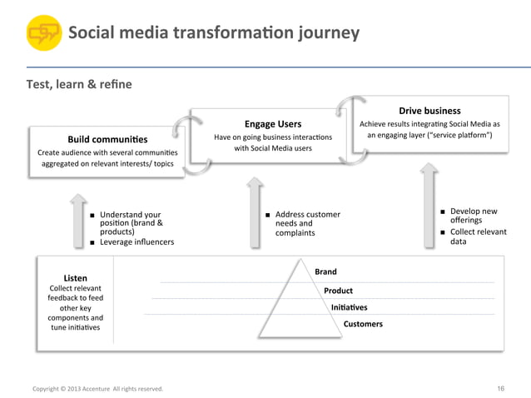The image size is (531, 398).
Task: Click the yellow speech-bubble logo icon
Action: tap(43, 34)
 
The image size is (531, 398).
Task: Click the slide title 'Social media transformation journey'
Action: tap(213, 33)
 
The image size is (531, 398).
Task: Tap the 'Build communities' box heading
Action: tap(107, 139)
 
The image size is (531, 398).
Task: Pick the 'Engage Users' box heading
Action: tap(272, 124)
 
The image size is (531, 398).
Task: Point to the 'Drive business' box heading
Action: tap(429, 111)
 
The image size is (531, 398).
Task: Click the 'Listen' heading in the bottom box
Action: tap(75, 277)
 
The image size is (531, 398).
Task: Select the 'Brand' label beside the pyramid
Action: tap(325, 271)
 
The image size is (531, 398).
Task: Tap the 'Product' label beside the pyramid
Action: tap(338, 291)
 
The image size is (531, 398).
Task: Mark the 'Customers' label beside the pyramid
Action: tap(363, 324)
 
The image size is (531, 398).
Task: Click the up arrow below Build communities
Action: tap(77, 221)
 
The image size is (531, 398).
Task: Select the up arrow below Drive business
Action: tap(427, 204)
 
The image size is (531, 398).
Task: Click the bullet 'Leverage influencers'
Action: tap(137, 242)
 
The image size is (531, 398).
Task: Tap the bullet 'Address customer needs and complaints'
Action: tap(307, 224)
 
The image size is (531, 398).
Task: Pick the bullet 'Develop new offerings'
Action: tap(473, 216)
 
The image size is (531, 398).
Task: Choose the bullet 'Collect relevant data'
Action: tap(478, 236)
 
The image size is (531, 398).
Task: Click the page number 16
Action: tap(500, 388)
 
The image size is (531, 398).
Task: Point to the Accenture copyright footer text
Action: tap(97, 389)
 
